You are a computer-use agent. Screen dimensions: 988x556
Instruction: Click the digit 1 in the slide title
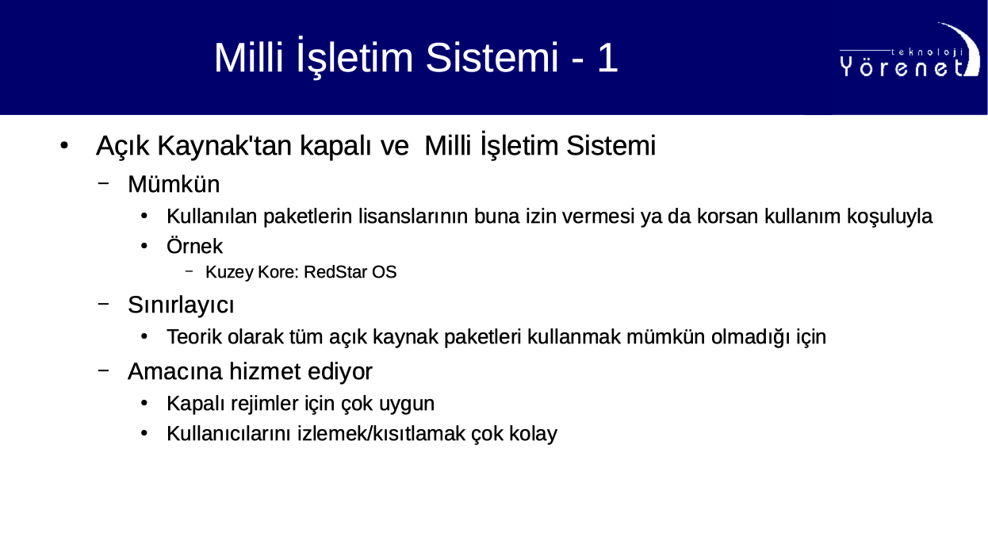point(608,57)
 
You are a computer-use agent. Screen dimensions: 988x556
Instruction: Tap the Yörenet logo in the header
point(909,50)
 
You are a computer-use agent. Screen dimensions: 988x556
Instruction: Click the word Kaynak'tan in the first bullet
point(224,145)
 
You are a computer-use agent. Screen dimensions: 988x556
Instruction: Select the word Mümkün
point(174,183)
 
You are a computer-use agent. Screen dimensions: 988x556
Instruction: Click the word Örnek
point(194,246)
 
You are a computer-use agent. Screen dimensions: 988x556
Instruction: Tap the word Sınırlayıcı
point(181,305)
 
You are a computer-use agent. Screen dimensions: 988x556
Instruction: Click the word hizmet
point(265,371)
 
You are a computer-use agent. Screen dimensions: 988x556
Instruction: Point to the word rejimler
point(265,404)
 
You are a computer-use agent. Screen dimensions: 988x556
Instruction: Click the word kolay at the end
point(534,434)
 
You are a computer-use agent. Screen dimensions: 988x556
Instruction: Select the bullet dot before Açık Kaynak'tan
point(64,145)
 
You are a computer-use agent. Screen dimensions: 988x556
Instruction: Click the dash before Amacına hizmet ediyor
point(103,370)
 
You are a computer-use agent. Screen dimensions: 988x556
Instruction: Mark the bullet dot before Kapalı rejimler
point(144,404)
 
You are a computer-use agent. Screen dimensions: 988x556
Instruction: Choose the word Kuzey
point(229,272)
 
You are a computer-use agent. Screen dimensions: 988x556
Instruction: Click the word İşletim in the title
point(354,57)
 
